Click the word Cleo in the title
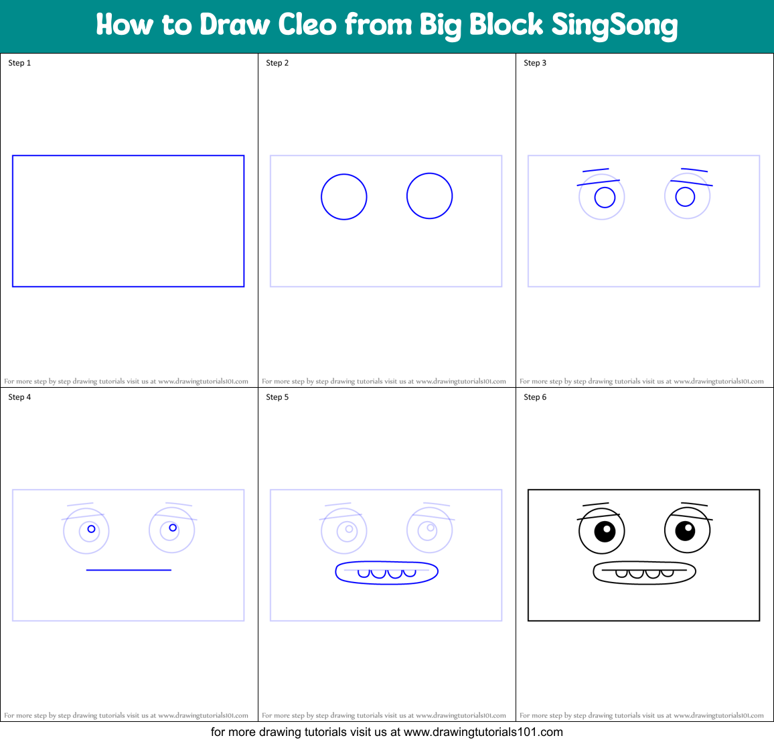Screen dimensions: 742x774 pyautogui.click(x=307, y=25)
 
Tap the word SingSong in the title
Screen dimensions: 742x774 pyautogui.click(x=614, y=26)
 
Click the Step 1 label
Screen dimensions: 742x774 pyautogui.click(x=19, y=63)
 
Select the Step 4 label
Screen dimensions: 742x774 pyautogui.click(x=19, y=397)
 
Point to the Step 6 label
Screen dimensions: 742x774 pyautogui.click(x=535, y=397)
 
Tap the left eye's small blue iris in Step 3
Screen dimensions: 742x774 pyautogui.click(x=605, y=198)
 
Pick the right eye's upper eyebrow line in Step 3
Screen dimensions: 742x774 pyautogui.click(x=694, y=170)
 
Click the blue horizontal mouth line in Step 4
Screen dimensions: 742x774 pyautogui.click(x=129, y=570)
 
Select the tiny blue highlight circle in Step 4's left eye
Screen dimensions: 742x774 pyautogui.click(x=92, y=529)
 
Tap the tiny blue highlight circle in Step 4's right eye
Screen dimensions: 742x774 pyautogui.click(x=173, y=528)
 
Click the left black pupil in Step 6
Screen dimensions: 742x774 pyautogui.click(x=605, y=531)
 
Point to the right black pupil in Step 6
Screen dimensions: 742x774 pyautogui.click(x=685, y=530)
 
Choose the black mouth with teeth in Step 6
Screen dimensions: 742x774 pyautogui.click(x=644, y=573)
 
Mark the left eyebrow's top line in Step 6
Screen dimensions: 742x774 pyautogui.click(x=595, y=504)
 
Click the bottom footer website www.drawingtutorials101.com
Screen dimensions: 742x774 pyautogui.click(x=483, y=732)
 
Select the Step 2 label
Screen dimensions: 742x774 pyautogui.click(x=277, y=63)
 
